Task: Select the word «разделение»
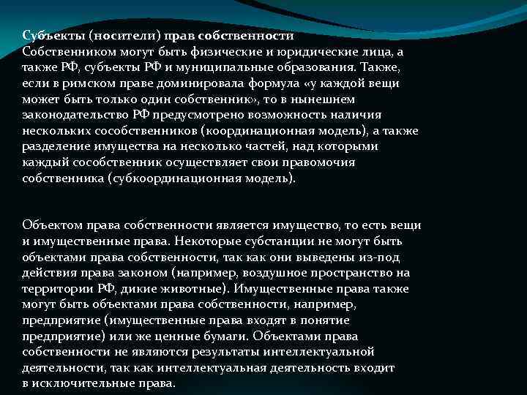click(x=54, y=146)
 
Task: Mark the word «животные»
click(x=189, y=288)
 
